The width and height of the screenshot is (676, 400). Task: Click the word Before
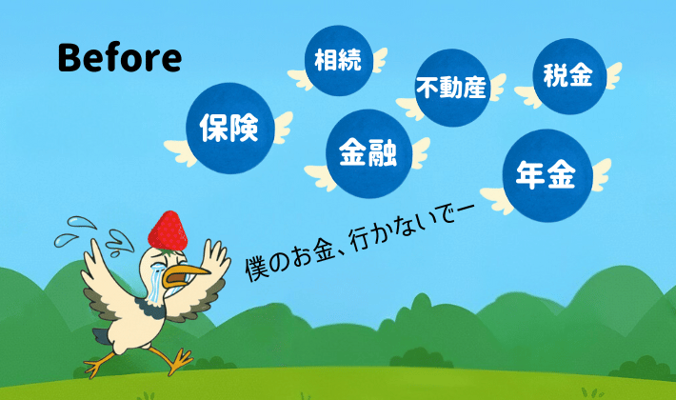[119, 57]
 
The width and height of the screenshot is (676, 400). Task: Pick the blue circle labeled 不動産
[451, 89]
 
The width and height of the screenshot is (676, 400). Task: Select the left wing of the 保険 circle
[180, 148]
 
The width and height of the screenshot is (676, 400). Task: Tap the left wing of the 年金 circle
[494, 198]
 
